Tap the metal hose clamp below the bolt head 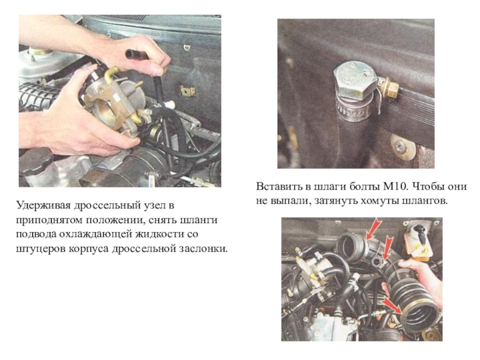point(354,110)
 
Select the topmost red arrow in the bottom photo point(373,229)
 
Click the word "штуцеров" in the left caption point(41,249)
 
